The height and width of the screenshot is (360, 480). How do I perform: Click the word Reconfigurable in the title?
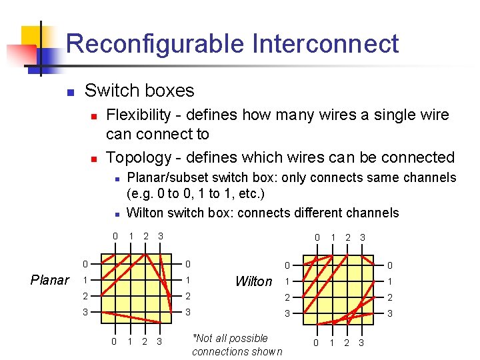click(155, 44)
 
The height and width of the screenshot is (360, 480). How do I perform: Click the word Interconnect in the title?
click(325, 44)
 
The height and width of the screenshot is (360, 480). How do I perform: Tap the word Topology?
click(139, 157)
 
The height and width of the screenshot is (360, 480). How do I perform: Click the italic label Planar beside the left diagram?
click(50, 280)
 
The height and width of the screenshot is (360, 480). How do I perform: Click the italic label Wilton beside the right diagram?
click(254, 281)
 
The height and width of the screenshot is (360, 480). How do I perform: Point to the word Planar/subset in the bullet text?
click(167, 178)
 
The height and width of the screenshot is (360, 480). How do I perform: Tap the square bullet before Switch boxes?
click(71, 91)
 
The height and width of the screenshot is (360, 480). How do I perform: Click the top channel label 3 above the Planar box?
click(161, 236)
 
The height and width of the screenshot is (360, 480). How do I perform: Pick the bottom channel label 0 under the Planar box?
click(115, 341)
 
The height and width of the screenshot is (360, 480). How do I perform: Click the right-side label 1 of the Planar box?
click(189, 280)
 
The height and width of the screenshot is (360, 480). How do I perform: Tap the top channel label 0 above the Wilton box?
click(317, 237)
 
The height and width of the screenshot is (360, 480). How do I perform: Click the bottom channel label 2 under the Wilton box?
click(347, 343)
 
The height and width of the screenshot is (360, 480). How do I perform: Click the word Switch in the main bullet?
click(109, 91)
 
